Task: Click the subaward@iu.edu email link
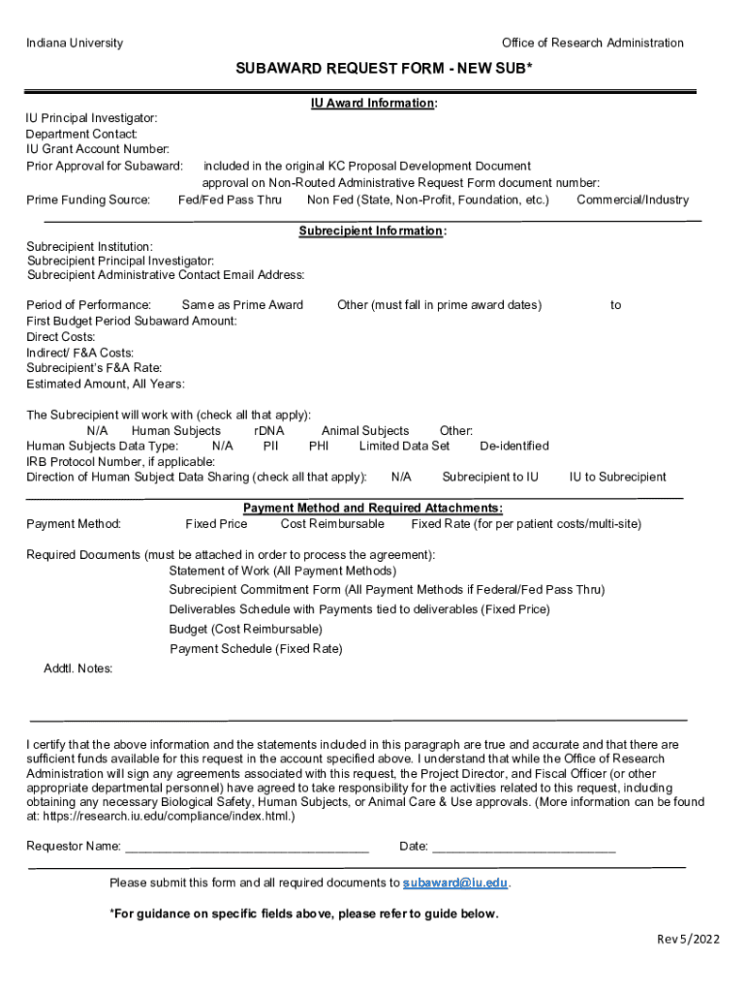pos(455,883)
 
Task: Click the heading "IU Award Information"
pos(372,103)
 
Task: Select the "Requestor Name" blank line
pos(247,847)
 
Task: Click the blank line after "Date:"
pos(523,847)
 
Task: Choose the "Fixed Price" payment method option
pos(216,524)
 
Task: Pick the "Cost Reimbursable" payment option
pos(332,524)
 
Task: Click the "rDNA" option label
pos(269,430)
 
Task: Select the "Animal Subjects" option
pos(365,430)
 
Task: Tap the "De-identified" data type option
pos(514,446)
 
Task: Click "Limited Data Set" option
pos(404,446)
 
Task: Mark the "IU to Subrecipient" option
pos(618,477)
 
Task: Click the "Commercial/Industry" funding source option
pos(633,200)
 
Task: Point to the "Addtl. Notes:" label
pos(78,668)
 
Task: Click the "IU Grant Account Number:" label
pos(98,149)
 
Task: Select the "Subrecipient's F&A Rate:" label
pos(94,368)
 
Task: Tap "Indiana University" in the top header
pos(75,43)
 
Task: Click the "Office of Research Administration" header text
pos(592,43)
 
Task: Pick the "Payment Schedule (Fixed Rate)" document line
pos(256,649)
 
